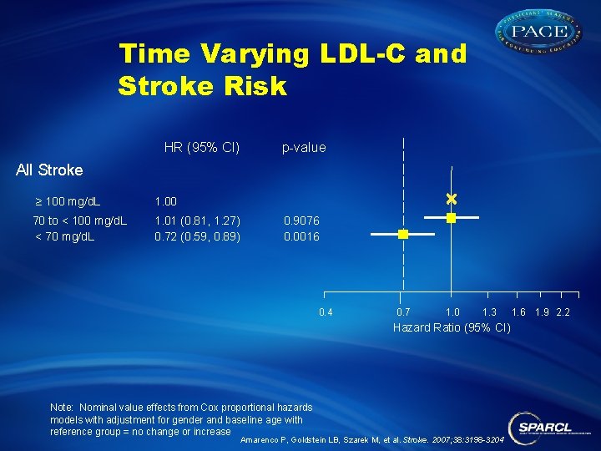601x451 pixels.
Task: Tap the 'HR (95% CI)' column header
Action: pos(202,148)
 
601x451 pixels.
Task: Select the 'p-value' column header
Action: pos(304,148)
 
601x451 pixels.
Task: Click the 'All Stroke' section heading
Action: pos(50,170)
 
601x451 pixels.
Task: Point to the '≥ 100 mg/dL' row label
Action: pos(67,201)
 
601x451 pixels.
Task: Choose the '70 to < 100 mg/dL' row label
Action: pos(80,220)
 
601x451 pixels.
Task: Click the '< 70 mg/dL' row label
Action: pos(64,236)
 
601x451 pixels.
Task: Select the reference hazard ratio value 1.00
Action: pos(166,201)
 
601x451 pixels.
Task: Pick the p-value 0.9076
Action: pos(301,220)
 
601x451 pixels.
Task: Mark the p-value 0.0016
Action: pos(301,236)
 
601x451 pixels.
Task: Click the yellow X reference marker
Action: pos(451,199)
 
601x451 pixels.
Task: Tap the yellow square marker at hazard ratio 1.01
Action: pos(451,217)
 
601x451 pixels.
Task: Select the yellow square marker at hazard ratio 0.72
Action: pos(402,235)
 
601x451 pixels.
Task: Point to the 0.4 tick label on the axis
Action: pos(326,312)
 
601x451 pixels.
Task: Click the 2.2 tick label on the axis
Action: pos(563,312)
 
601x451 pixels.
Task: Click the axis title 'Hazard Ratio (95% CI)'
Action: pos(452,327)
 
